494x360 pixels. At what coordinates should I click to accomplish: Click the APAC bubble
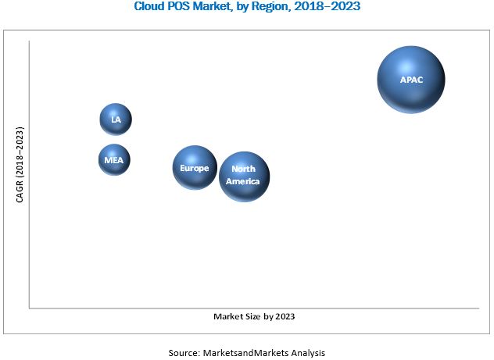[x=411, y=80]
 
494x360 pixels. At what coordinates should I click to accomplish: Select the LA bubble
[x=116, y=119]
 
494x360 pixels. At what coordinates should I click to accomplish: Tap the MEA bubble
[x=114, y=160]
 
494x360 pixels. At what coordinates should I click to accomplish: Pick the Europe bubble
[x=195, y=168]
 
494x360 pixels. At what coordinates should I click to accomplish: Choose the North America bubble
[x=244, y=176]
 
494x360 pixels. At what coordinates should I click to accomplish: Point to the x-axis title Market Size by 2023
[x=255, y=317]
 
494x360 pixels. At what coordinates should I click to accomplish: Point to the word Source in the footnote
[x=184, y=352]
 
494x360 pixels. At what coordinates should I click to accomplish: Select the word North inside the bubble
[x=244, y=170]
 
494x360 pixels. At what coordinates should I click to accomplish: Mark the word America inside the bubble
[x=244, y=182]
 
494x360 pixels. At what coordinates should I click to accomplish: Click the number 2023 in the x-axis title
[x=284, y=317]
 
